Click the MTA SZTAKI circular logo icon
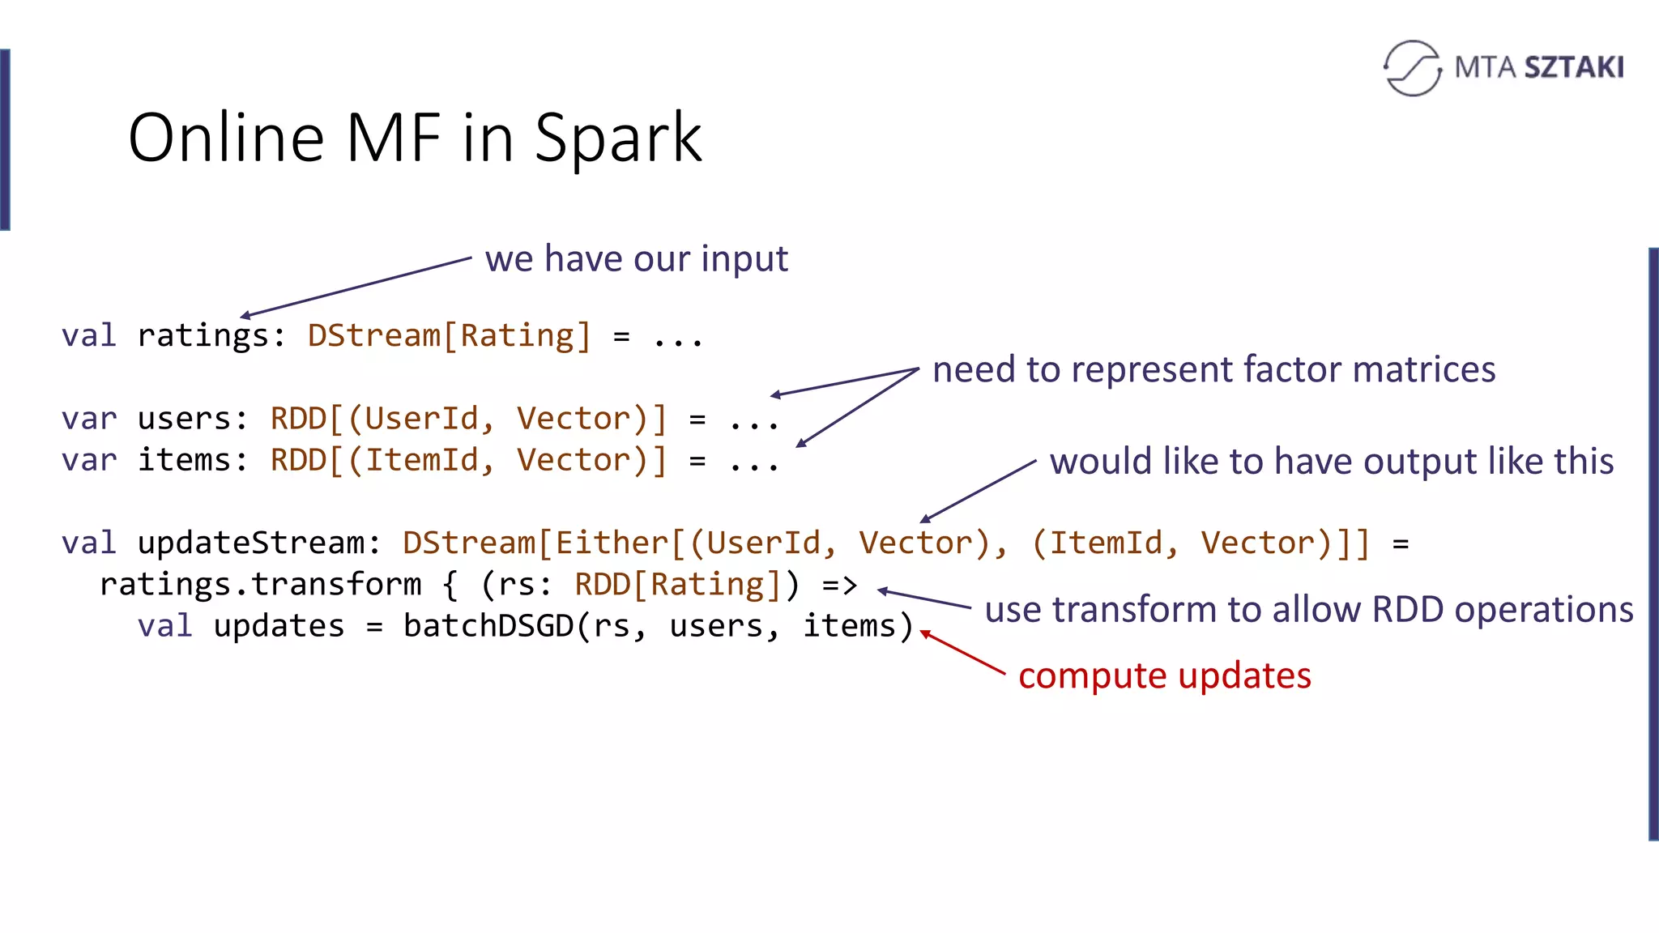(1413, 68)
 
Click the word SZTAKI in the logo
(1574, 67)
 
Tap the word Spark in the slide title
(618, 138)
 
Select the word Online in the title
(226, 138)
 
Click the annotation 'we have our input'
(636, 259)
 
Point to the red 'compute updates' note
(1164, 675)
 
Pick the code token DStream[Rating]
(449, 335)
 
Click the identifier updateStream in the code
(251, 543)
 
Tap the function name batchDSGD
(488, 626)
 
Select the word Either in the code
(612, 543)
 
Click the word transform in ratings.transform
(336, 585)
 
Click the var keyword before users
(89, 419)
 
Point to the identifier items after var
(184, 460)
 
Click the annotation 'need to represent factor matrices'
(1213, 370)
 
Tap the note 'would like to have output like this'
(1331, 462)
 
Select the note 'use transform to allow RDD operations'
(1308, 610)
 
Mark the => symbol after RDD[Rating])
(839, 585)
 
